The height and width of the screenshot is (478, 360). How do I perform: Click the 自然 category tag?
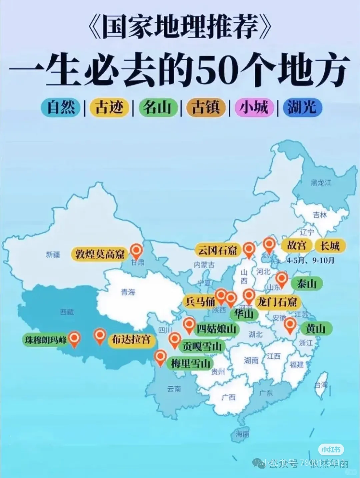[61, 107]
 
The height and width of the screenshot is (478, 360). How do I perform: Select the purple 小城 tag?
[254, 107]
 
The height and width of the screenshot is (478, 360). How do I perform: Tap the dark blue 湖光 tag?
[302, 107]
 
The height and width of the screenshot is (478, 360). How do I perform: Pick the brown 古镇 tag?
[206, 107]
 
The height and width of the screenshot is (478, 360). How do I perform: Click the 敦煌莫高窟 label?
[99, 254]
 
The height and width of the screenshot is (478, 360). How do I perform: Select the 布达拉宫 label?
[131, 340]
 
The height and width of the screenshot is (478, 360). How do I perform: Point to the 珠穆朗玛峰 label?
[46, 340]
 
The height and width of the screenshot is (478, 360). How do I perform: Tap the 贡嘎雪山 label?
[201, 347]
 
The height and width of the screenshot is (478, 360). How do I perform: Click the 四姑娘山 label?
[216, 329]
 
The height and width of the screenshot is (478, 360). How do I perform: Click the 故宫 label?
[297, 246]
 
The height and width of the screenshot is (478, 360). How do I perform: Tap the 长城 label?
[330, 246]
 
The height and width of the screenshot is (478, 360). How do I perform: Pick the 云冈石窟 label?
[217, 250]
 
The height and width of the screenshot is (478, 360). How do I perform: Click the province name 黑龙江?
[321, 182]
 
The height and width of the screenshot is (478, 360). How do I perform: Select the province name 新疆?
[53, 254]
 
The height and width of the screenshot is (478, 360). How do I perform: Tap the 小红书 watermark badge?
[331, 450]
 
